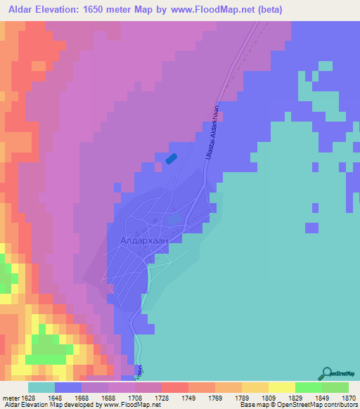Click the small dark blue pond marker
click(x=171, y=159)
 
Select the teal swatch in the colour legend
click(x=41, y=387)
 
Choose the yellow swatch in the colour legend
click(x=281, y=387)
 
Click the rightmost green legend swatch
click(x=335, y=387)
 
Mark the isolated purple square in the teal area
click(x=311, y=227)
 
